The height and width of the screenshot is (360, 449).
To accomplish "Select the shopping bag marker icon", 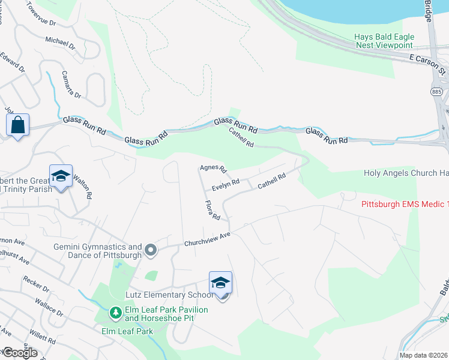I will tap(18, 125).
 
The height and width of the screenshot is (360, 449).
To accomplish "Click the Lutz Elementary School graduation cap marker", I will tap(220, 283).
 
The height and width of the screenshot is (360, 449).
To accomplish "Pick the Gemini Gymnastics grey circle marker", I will tap(150, 250).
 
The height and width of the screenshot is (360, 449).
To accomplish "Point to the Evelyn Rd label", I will tap(226, 183).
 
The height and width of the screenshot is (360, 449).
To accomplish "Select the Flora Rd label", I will tap(212, 209).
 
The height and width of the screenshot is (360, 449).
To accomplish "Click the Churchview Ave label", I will tap(208, 239).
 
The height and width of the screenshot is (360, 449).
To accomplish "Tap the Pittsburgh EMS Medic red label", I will tap(405, 205).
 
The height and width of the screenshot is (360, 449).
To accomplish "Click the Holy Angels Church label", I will tap(406, 173).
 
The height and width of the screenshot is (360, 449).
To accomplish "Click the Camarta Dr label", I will tap(71, 85).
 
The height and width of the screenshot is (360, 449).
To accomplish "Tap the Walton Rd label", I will tap(85, 187).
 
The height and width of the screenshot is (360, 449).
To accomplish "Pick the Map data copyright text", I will tap(423, 355).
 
